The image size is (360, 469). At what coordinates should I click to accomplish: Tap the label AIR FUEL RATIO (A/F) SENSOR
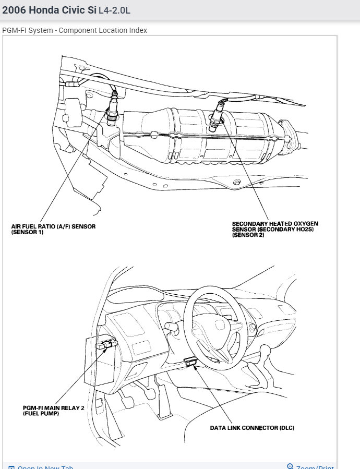coord(53,226)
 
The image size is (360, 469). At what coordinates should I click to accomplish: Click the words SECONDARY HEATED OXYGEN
coord(275,223)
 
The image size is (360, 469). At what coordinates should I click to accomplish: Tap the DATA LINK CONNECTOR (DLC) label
coord(252,428)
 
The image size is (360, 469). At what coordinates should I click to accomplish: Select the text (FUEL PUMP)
coord(41,414)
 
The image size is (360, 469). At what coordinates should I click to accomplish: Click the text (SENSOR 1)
coord(27,232)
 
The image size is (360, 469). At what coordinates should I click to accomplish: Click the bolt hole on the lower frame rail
coord(237,182)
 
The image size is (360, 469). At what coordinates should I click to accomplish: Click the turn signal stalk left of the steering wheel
coord(171,327)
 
